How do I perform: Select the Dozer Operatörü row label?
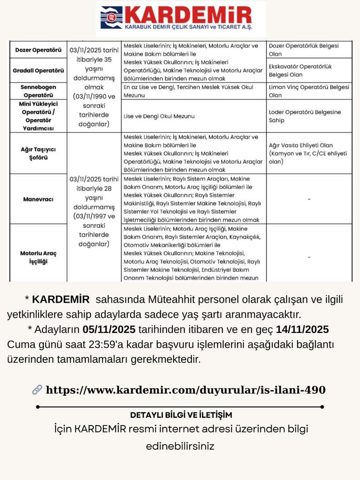click(x=38, y=50)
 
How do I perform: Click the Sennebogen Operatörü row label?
click(x=38, y=91)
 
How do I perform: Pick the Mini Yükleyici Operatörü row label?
click(x=38, y=116)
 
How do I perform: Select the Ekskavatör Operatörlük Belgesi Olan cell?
click(x=300, y=70)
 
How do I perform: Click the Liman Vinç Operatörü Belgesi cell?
click(x=309, y=91)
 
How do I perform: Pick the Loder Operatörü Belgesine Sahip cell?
click(x=305, y=116)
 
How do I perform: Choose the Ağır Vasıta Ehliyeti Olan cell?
click(x=308, y=153)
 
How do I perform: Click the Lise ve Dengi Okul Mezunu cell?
click(x=159, y=116)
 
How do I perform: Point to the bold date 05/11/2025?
click(x=110, y=330)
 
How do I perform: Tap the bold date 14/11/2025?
click(x=302, y=330)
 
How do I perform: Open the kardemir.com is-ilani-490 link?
click(x=186, y=390)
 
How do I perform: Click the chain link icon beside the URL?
click(x=37, y=390)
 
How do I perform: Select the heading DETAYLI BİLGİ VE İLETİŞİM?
click(x=181, y=415)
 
